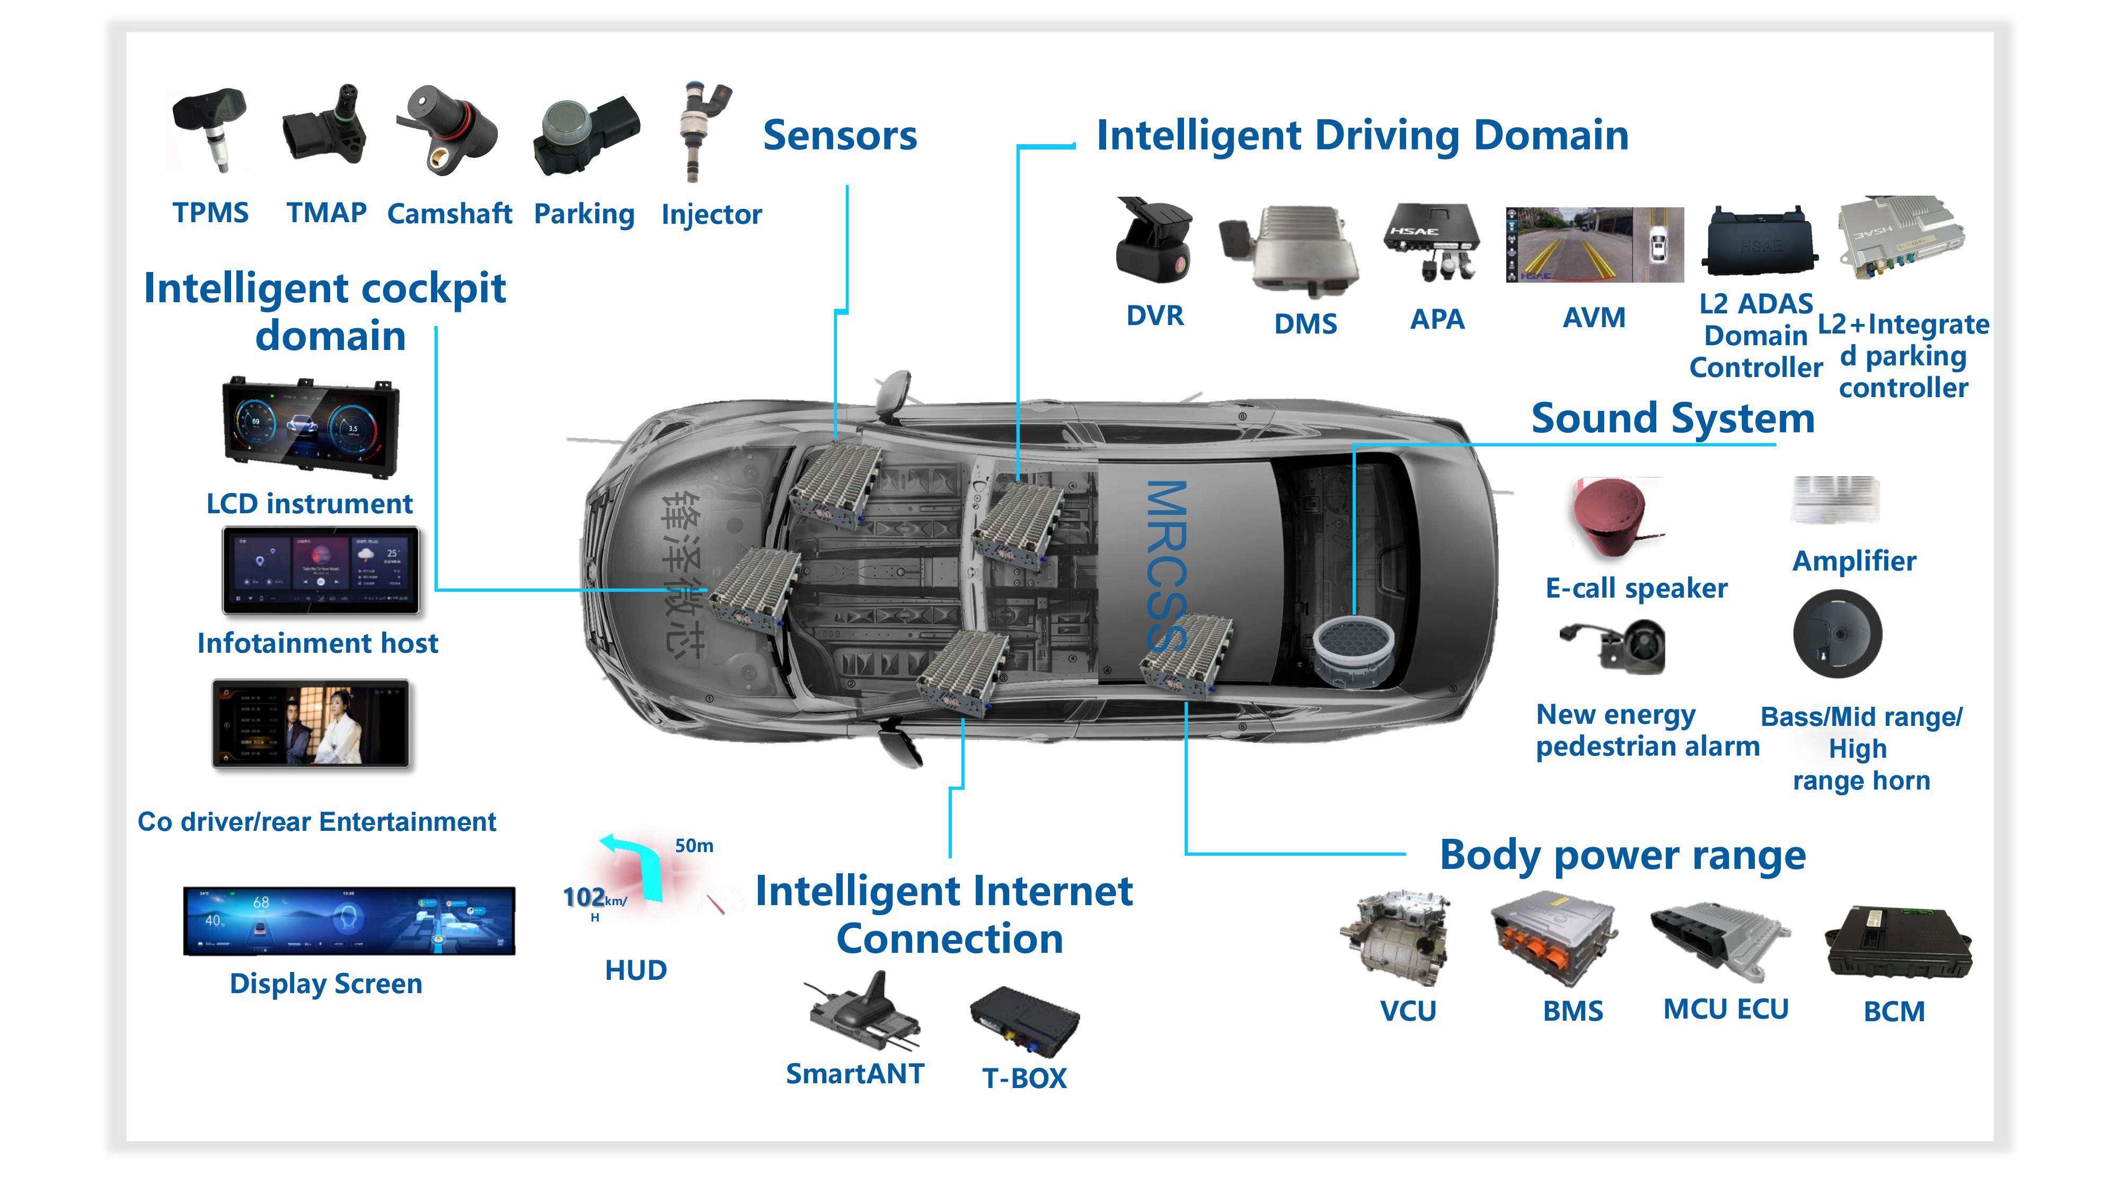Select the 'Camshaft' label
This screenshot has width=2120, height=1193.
pos(449,214)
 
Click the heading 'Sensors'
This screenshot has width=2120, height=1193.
pos(840,136)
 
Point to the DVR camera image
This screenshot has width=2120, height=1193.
pos(1154,240)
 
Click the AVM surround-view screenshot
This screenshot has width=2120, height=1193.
pos(1594,244)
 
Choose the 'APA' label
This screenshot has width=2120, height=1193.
pos(1437,319)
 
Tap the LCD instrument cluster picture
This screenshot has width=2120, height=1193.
pos(311,426)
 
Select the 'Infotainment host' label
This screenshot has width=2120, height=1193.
pos(317,643)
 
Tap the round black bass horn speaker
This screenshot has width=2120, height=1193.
pos(1837,634)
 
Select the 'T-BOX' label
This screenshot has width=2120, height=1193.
pos(1024,1078)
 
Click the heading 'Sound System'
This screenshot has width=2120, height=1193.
pos(1672,418)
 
